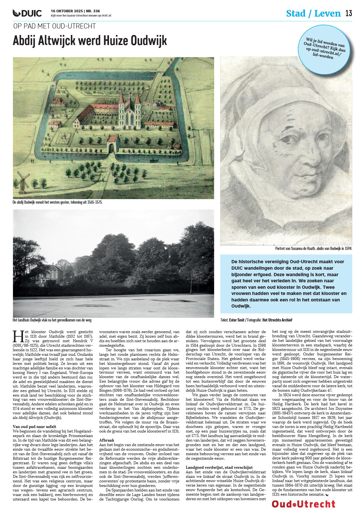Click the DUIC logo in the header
(x=27, y=13)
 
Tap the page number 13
(x=348, y=13)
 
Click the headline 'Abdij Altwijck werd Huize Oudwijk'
(x=90, y=41)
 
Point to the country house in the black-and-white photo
(x=51, y=275)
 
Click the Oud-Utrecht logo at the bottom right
(x=303, y=504)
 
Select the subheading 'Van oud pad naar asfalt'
(x=34, y=427)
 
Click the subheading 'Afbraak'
(x=106, y=440)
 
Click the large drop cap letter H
(x=18, y=337)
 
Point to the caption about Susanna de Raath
(x=313, y=249)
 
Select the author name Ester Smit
(x=236, y=320)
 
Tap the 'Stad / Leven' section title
(x=313, y=14)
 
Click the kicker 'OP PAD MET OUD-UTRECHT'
(x=55, y=26)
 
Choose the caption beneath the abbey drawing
(x=57, y=202)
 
